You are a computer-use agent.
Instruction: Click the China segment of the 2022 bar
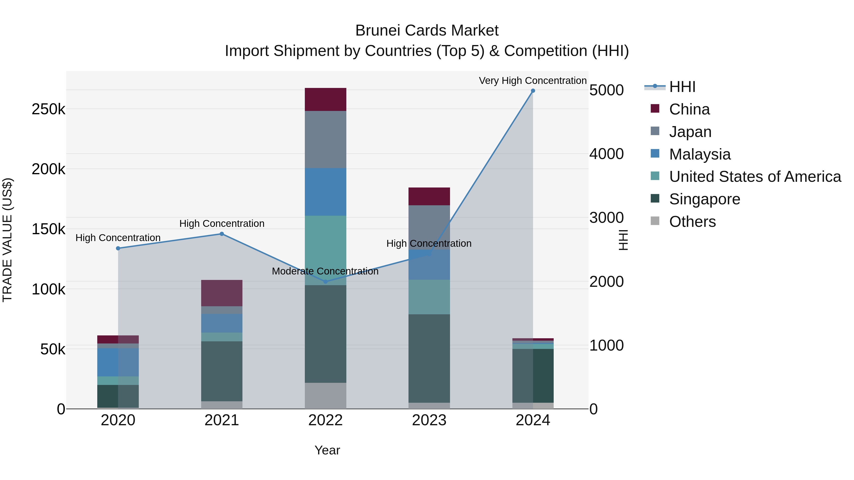(x=325, y=99)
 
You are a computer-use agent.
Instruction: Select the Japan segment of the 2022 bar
(x=325, y=139)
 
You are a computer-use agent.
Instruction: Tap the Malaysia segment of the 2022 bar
(x=325, y=192)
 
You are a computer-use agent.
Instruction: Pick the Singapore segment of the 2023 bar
(x=429, y=358)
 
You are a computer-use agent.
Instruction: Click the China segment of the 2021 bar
(x=222, y=293)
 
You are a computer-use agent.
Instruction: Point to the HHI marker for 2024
(x=533, y=91)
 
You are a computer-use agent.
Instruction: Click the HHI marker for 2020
(x=118, y=248)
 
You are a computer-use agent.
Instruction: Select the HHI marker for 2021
(x=222, y=234)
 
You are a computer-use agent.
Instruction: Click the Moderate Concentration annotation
(x=325, y=271)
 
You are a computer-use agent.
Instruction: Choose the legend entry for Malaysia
(x=700, y=154)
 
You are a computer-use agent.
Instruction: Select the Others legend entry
(x=692, y=222)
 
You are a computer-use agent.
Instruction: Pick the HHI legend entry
(x=682, y=87)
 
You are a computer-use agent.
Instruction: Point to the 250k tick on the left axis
(x=48, y=109)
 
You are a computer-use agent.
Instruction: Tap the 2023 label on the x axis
(x=429, y=420)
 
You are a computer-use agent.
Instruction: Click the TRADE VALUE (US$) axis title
(x=7, y=240)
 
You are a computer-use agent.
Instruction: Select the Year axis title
(x=327, y=450)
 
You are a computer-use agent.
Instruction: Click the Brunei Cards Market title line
(x=427, y=31)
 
